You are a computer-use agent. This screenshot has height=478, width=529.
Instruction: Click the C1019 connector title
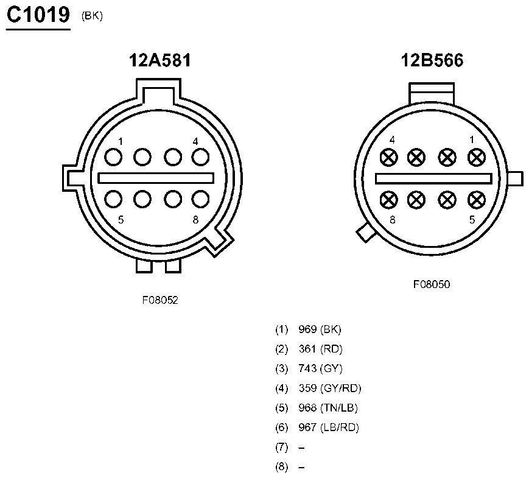coord(38,15)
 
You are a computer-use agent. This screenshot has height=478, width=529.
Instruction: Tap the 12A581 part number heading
coord(160,60)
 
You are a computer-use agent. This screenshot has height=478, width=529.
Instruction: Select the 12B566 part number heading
coord(432,60)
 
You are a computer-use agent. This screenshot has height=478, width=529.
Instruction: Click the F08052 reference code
coord(160,300)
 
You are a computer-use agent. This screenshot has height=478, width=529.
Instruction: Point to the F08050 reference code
coord(432,284)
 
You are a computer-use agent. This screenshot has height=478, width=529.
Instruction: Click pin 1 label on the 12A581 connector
coord(121,141)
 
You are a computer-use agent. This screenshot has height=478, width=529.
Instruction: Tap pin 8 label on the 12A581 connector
coord(195,220)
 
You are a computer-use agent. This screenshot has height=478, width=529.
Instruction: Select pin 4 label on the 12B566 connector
coord(392,140)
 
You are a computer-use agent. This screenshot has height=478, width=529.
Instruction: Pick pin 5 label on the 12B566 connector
coord(472,220)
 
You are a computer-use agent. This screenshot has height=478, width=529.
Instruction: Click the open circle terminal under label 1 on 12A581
coord(113,157)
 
